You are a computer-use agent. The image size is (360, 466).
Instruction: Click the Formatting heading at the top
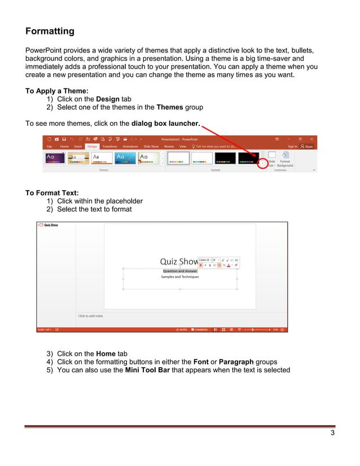click(x=50, y=31)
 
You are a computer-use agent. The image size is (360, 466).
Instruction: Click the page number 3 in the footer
click(x=332, y=433)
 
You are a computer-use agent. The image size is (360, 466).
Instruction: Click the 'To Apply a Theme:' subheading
click(x=56, y=90)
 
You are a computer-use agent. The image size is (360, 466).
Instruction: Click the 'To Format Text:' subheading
click(x=52, y=193)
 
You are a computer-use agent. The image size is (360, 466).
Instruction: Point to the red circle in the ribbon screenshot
click(x=262, y=164)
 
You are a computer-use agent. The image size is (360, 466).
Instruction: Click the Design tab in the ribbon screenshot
click(x=92, y=146)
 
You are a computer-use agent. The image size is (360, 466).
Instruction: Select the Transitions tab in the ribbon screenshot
click(x=109, y=146)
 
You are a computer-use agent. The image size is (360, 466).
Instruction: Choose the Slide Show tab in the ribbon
click(x=151, y=146)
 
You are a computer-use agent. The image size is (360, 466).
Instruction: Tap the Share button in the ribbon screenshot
click(x=307, y=146)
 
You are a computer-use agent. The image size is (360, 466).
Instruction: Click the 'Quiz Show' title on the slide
click(x=179, y=262)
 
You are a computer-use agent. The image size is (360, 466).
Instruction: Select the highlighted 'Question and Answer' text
click(x=180, y=271)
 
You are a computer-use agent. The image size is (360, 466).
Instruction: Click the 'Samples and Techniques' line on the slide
click(x=180, y=277)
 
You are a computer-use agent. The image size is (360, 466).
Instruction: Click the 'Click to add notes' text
click(x=90, y=316)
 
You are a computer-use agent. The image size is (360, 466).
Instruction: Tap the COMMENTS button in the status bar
click(x=200, y=329)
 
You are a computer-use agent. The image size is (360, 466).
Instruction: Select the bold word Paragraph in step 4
click(x=236, y=362)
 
